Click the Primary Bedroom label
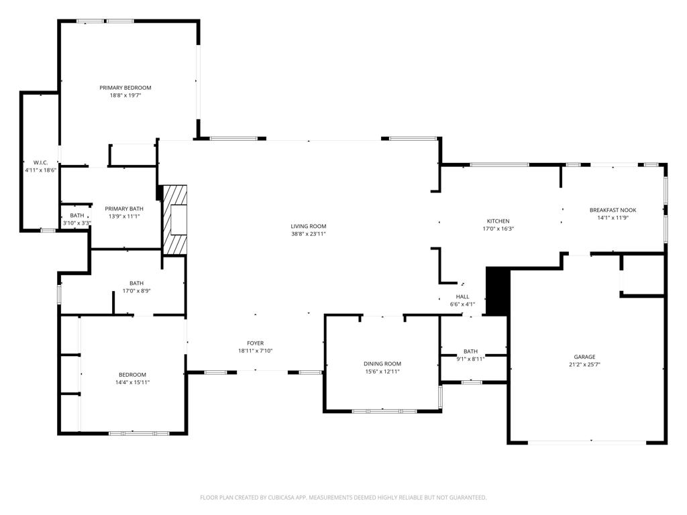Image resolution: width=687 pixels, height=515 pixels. (125, 88)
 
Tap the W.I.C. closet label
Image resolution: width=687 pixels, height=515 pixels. (40, 162)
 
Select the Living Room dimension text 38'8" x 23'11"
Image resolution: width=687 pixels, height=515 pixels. (308, 234)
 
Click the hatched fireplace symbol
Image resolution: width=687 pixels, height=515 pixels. (175, 220)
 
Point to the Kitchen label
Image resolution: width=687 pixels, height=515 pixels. (498, 221)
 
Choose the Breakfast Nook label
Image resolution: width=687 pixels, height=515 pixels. (613, 210)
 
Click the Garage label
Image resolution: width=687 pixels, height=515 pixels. (584, 357)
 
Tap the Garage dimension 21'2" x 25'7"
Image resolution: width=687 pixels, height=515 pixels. (584, 365)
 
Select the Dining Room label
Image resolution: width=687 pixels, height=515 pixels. (382, 363)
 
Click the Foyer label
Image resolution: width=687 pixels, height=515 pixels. (255, 343)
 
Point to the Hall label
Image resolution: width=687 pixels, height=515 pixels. (462, 296)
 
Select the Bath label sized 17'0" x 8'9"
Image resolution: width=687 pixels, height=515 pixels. (136, 283)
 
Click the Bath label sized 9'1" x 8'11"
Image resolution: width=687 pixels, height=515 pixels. (470, 351)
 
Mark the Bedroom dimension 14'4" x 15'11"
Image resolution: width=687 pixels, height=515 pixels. (132, 382)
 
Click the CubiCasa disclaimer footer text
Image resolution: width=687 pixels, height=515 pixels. (343, 498)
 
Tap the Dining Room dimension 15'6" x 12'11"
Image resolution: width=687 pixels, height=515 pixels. (382, 371)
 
